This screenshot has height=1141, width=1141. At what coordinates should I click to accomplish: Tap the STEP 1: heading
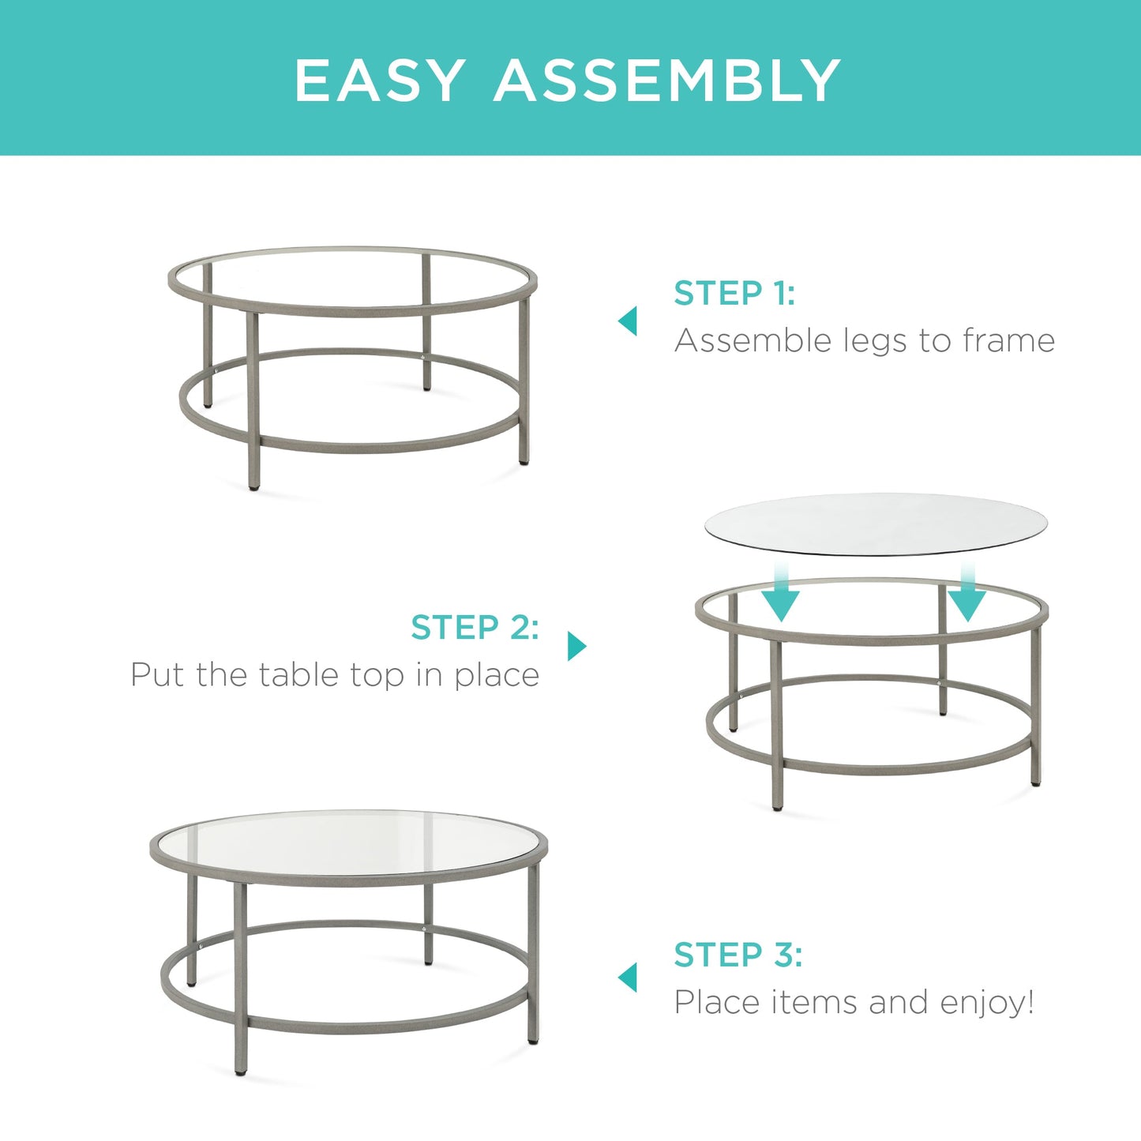tap(734, 293)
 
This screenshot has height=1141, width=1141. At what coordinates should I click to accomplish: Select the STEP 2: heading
tap(475, 628)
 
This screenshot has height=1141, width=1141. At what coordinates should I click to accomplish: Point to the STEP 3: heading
tap(738, 955)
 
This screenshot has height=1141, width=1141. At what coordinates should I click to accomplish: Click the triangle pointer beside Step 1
tap(629, 321)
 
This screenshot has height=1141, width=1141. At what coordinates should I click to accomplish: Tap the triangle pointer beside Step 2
tap(576, 646)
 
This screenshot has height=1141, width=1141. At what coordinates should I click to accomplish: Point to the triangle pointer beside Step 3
tap(629, 978)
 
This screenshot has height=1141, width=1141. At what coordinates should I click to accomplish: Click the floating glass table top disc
tap(875, 524)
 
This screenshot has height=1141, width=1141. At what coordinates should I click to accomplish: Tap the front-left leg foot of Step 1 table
tap(254, 486)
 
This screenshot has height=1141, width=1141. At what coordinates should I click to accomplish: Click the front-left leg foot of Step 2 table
tap(779, 805)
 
